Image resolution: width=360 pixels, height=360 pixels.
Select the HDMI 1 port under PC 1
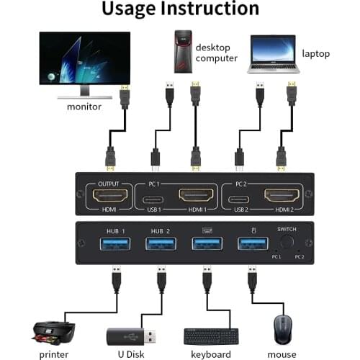tap(195, 196)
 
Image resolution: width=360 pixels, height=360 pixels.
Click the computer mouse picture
tap(281, 330)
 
